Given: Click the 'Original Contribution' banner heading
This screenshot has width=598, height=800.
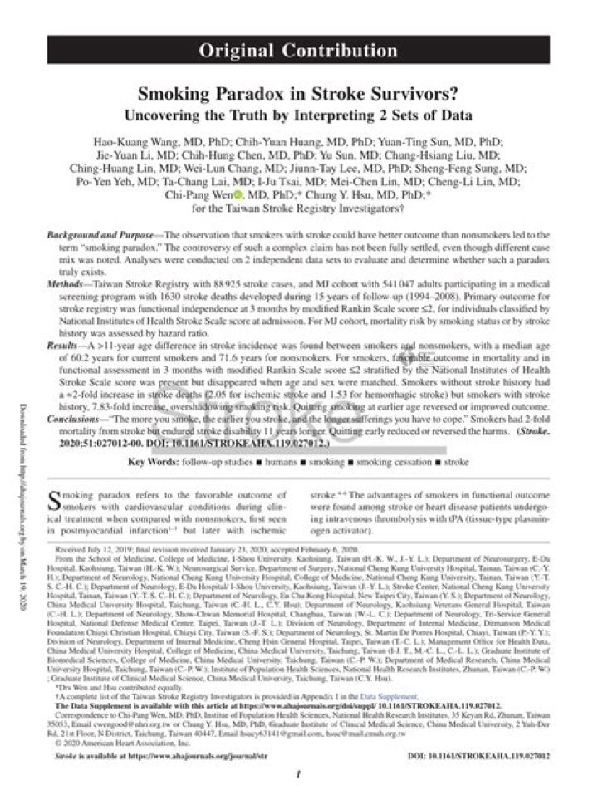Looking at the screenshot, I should (x=298, y=51).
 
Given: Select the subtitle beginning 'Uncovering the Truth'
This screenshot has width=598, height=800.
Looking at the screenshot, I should (x=298, y=114).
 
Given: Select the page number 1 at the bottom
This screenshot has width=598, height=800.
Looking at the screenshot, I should (x=298, y=772).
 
